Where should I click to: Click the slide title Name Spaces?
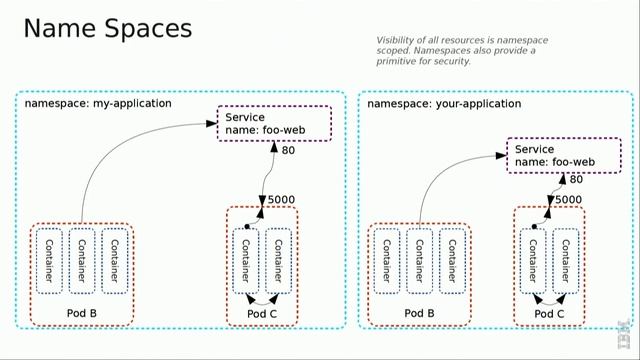[x=107, y=28]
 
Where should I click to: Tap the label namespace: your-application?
[x=444, y=103]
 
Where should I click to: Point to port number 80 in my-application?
[x=288, y=152]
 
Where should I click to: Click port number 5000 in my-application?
[x=281, y=200]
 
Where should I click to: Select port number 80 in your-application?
[x=577, y=180]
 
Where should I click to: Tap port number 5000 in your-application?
[x=568, y=200]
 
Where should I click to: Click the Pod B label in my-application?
[x=83, y=314]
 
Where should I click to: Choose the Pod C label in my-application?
[x=263, y=314]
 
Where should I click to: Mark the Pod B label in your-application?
[x=419, y=314]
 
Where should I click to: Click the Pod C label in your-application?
[x=549, y=314]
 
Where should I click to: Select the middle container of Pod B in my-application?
[x=81, y=262]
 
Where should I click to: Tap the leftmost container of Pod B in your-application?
[x=385, y=262]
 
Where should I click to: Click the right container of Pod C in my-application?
[x=279, y=262]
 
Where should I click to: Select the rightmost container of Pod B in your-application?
[x=451, y=262]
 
